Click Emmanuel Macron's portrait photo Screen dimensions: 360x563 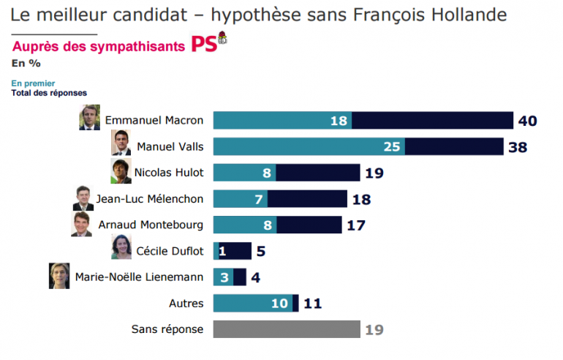89,117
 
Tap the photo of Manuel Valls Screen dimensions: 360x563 121,143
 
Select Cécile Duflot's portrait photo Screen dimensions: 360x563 121,248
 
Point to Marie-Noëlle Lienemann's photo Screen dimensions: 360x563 59,275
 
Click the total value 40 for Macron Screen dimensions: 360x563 528,120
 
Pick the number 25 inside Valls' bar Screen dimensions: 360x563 393,146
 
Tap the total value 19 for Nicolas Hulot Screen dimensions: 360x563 374,173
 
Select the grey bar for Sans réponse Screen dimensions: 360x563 287,329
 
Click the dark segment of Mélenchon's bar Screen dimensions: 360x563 307,199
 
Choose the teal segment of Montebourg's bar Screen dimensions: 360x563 244,225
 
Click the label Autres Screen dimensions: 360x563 186,303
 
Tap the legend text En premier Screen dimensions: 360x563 34,83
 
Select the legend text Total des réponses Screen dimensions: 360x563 49,93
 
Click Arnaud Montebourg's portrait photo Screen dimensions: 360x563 81,224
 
